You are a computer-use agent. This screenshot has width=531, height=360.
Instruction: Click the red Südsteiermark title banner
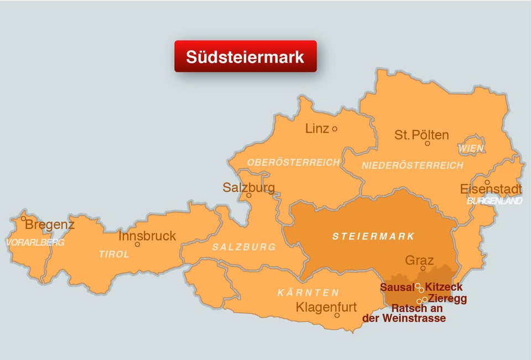245,56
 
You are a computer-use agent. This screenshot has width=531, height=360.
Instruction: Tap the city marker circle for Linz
335,129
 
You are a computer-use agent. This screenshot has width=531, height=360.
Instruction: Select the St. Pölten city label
421,135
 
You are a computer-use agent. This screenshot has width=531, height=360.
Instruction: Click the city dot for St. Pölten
427,144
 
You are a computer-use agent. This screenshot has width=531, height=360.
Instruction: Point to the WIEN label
471,149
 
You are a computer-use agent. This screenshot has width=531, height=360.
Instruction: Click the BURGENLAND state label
494,201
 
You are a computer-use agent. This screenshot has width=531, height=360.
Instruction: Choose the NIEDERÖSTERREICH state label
412,166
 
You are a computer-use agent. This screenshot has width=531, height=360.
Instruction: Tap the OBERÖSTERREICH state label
293,163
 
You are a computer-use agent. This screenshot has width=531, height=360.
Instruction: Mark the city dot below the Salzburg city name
249,195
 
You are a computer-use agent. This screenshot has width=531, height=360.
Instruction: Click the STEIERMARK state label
373,237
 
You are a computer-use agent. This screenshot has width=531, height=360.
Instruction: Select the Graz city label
419,260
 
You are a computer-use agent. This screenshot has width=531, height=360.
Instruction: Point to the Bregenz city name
50,225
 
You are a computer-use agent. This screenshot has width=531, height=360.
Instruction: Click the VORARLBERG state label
35,243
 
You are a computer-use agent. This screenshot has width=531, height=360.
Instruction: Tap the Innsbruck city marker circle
137,244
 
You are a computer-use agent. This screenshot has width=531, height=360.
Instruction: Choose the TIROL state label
114,254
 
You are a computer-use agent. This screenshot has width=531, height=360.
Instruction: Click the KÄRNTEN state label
308,293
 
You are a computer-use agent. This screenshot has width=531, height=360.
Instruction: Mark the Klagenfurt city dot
337,315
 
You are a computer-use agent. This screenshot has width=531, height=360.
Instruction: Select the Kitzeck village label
444,288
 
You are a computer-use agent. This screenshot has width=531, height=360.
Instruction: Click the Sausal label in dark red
397,288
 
